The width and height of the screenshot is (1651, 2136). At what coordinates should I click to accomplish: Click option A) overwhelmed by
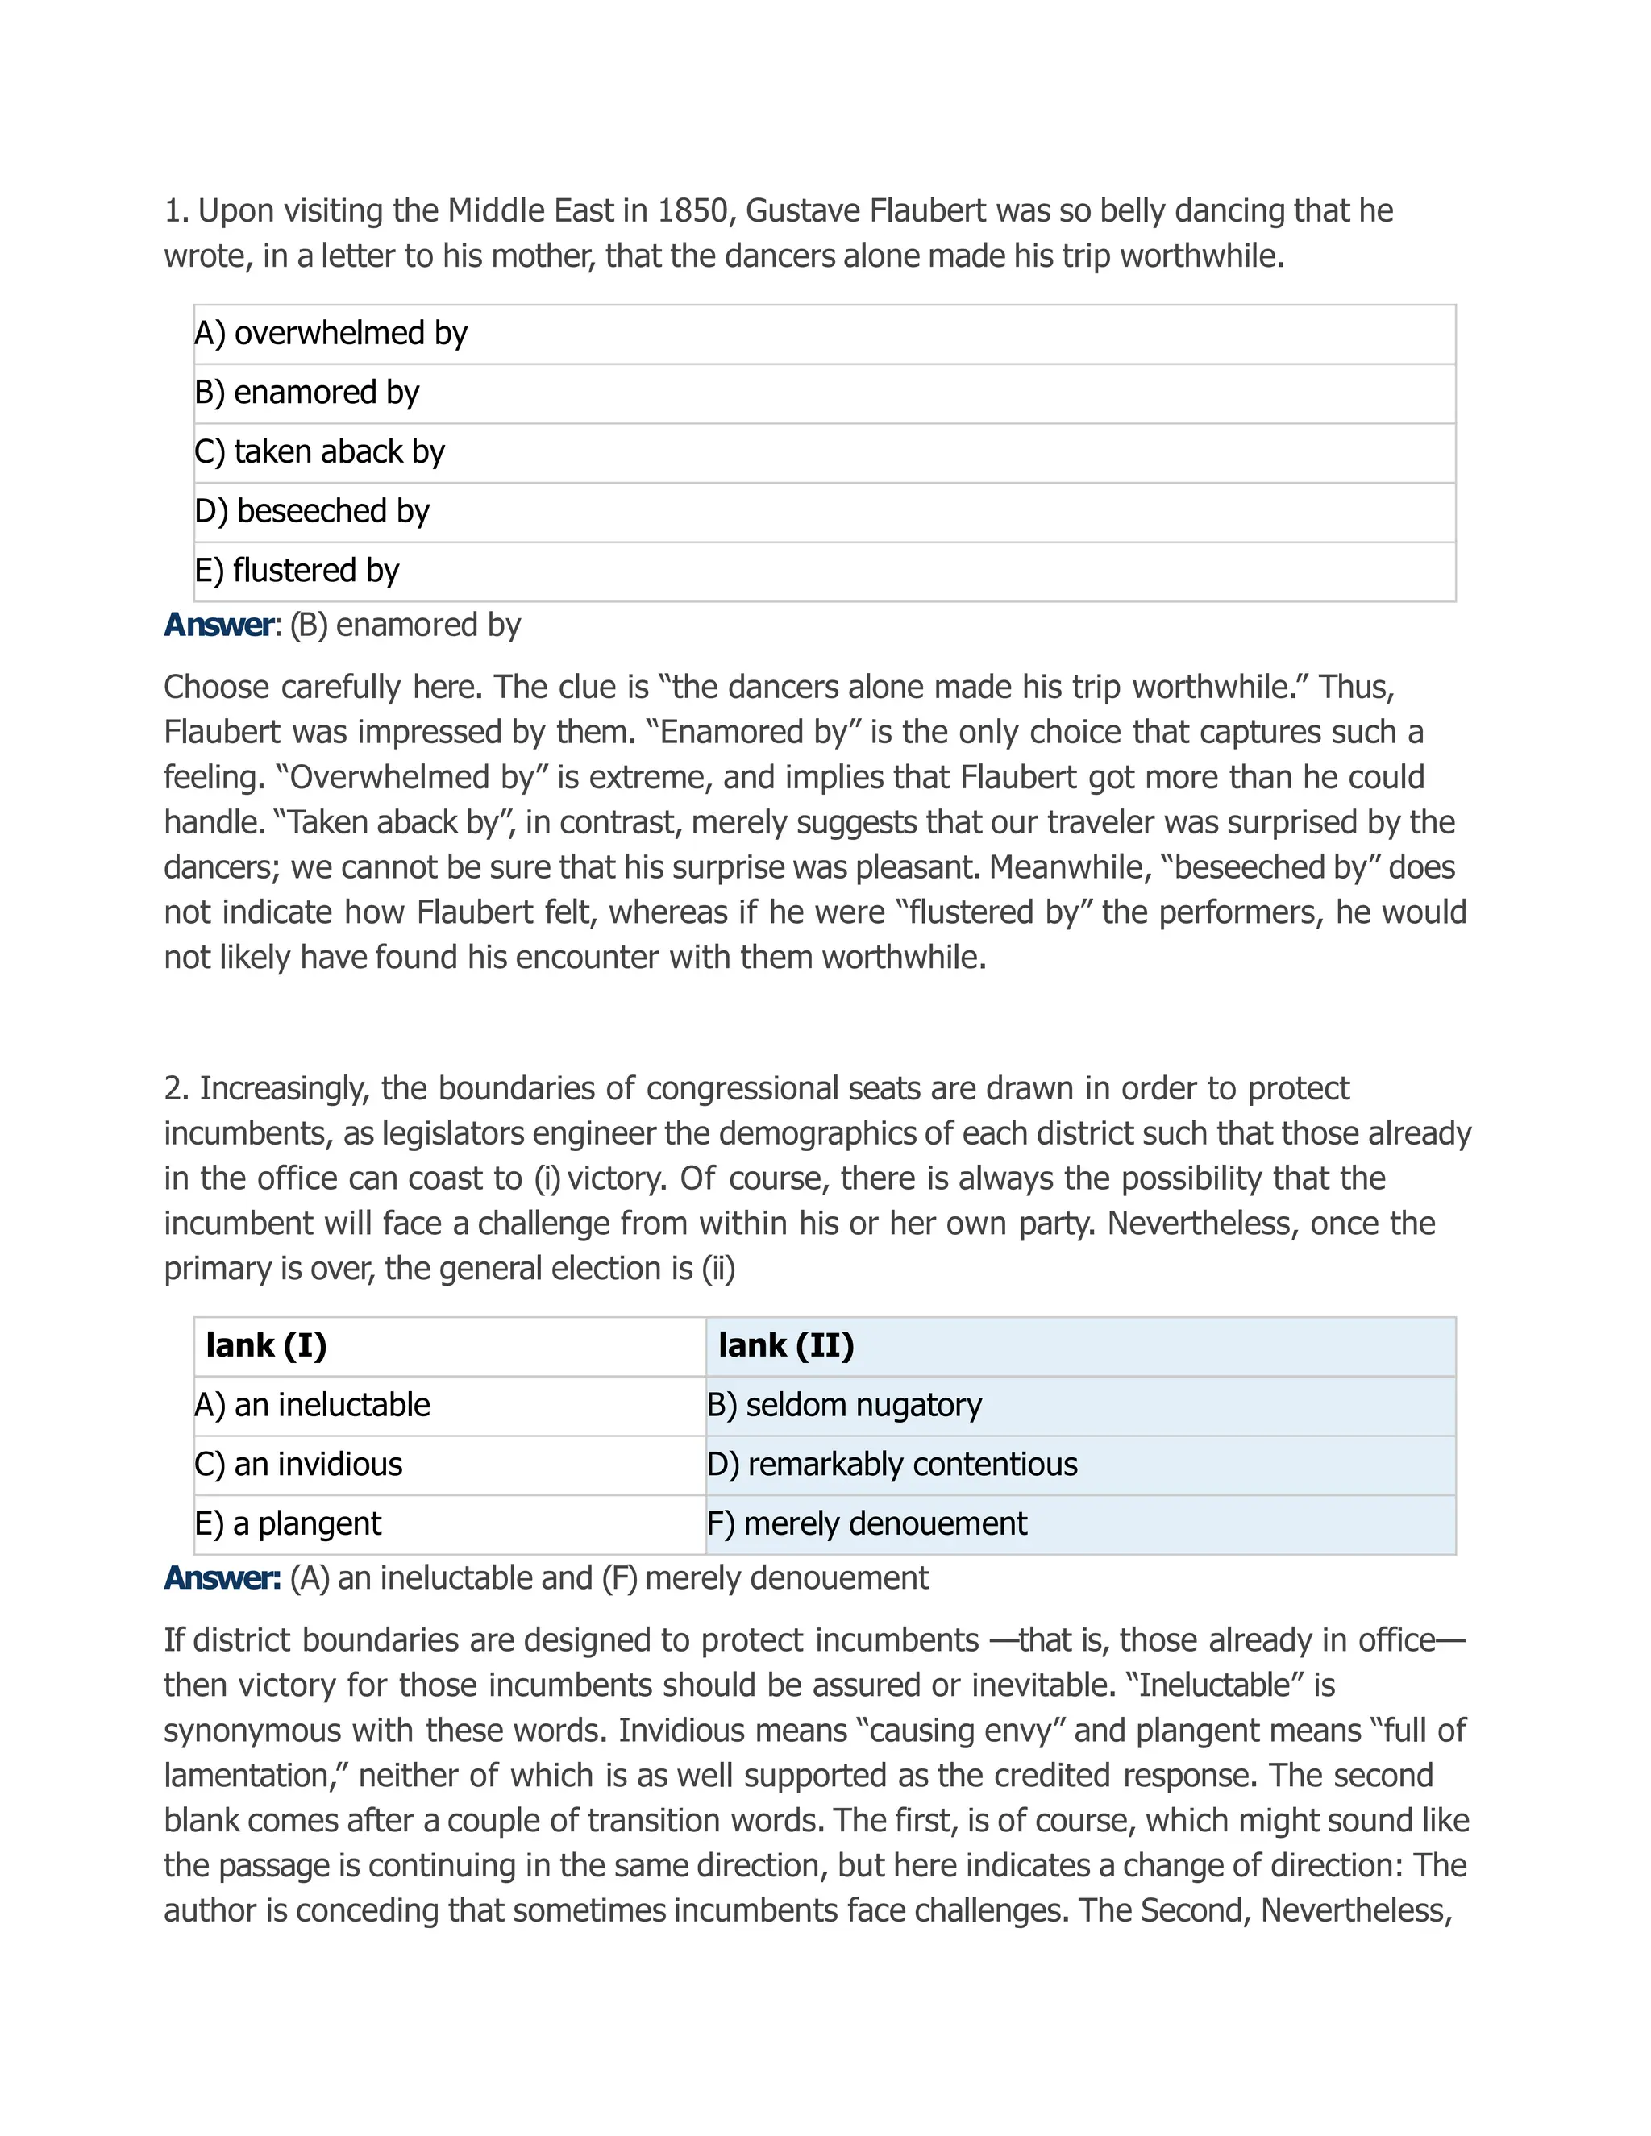click(331, 334)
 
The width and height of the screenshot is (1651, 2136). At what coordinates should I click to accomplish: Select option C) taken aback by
click(320, 452)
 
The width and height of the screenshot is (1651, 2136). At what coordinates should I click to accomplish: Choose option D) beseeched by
click(312, 512)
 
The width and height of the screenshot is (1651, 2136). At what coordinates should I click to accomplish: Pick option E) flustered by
click(297, 570)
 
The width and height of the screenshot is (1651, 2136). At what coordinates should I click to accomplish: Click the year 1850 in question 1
click(693, 210)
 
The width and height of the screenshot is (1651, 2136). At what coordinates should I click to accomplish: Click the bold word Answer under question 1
click(219, 625)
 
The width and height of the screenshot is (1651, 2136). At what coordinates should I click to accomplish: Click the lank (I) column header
click(266, 1346)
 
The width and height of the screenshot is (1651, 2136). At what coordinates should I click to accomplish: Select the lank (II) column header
click(785, 1346)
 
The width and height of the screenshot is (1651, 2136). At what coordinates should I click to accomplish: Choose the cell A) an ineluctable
click(312, 1406)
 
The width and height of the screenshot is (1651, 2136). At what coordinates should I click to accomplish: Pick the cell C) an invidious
click(298, 1464)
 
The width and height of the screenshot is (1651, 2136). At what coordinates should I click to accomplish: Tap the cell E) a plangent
click(288, 1523)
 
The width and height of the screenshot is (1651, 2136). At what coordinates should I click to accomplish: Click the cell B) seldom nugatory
click(844, 1406)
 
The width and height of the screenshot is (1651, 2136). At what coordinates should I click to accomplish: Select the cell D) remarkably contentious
click(892, 1464)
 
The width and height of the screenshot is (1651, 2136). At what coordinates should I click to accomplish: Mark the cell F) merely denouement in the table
click(867, 1523)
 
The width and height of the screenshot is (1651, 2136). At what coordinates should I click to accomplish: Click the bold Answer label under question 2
click(221, 1577)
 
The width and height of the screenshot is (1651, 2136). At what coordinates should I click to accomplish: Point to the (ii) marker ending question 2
click(718, 1269)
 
